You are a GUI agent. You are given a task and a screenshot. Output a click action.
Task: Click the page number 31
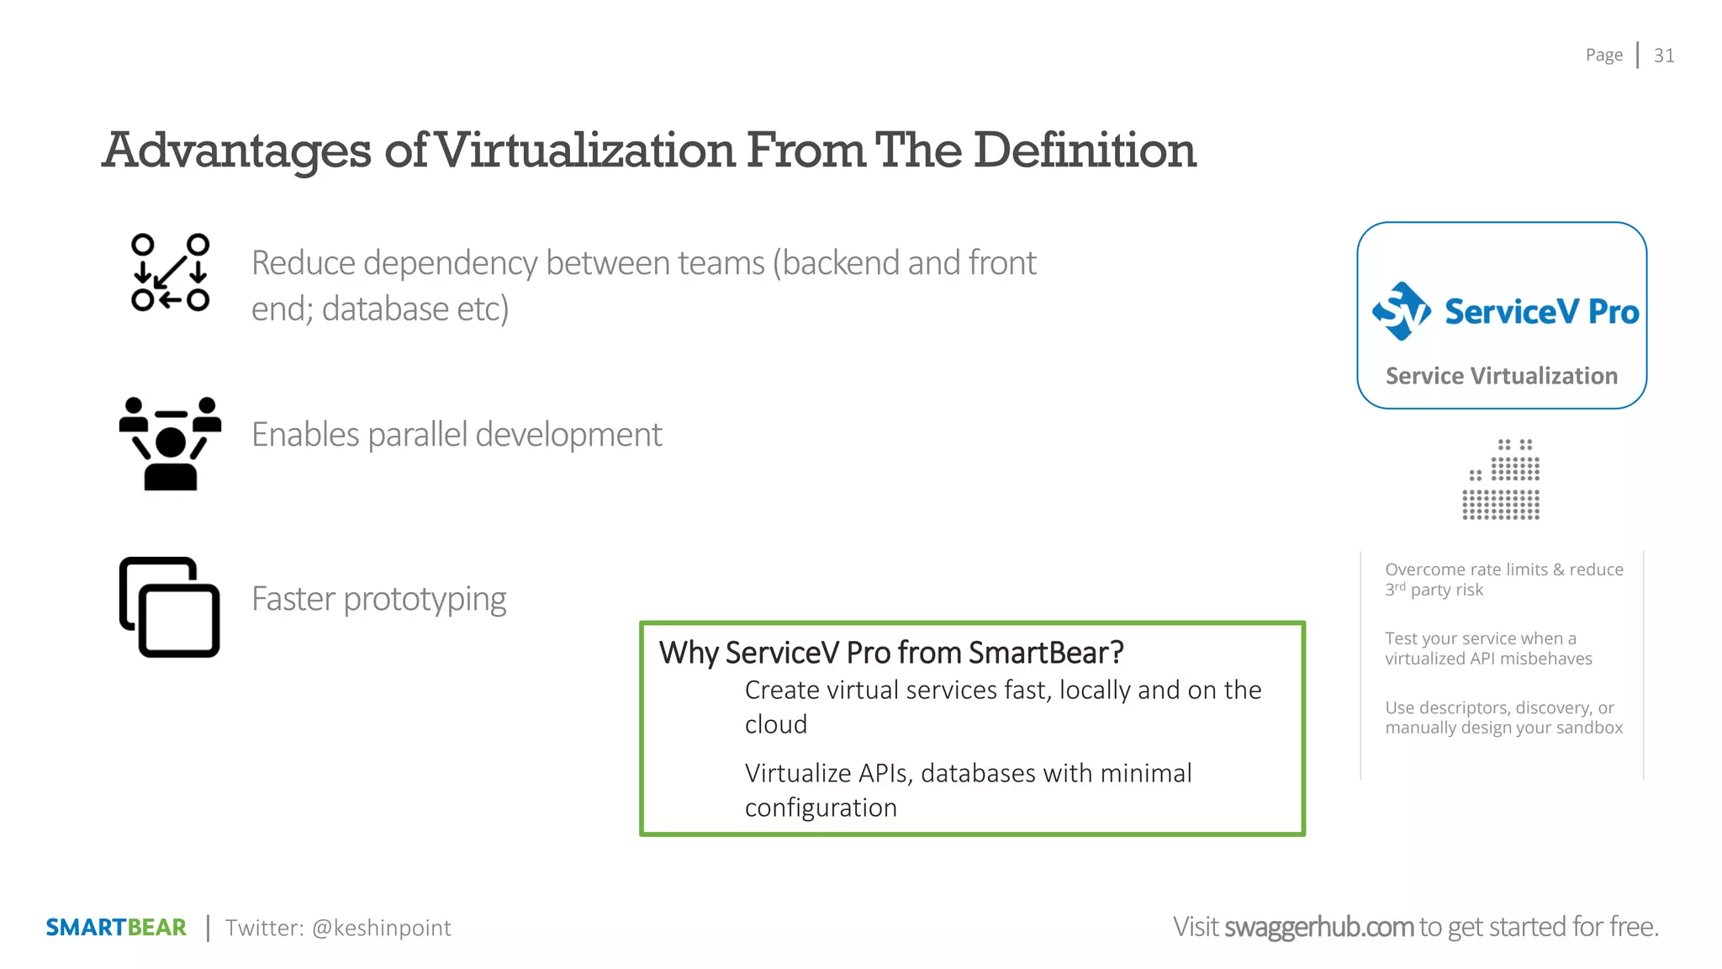pos(1663,56)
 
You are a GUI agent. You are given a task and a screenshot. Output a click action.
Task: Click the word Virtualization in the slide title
pos(586,151)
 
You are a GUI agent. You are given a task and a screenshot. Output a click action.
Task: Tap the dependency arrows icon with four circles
pos(170,273)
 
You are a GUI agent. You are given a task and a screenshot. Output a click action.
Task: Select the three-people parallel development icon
pos(170,443)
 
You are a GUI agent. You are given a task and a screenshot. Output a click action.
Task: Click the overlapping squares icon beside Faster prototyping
pos(170,606)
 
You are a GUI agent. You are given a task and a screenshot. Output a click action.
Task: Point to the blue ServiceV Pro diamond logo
pos(1401,311)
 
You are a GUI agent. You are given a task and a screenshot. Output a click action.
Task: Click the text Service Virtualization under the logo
pos(1501,376)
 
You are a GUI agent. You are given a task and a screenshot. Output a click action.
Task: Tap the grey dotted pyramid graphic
pos(1502,479)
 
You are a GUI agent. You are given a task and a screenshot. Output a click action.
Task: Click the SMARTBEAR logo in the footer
pos(116,927)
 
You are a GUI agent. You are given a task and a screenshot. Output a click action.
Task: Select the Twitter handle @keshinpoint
pos(381,928)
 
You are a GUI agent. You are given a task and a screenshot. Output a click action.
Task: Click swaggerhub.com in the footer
pos(1318,927)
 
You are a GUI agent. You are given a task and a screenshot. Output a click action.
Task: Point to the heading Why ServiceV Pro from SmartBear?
pos(891,653)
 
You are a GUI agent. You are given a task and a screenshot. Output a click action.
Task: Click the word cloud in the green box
pos(775,724)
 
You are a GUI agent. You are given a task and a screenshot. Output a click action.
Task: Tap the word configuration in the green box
pos(821,807)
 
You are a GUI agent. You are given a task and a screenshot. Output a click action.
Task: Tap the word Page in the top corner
pos(1603,56)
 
